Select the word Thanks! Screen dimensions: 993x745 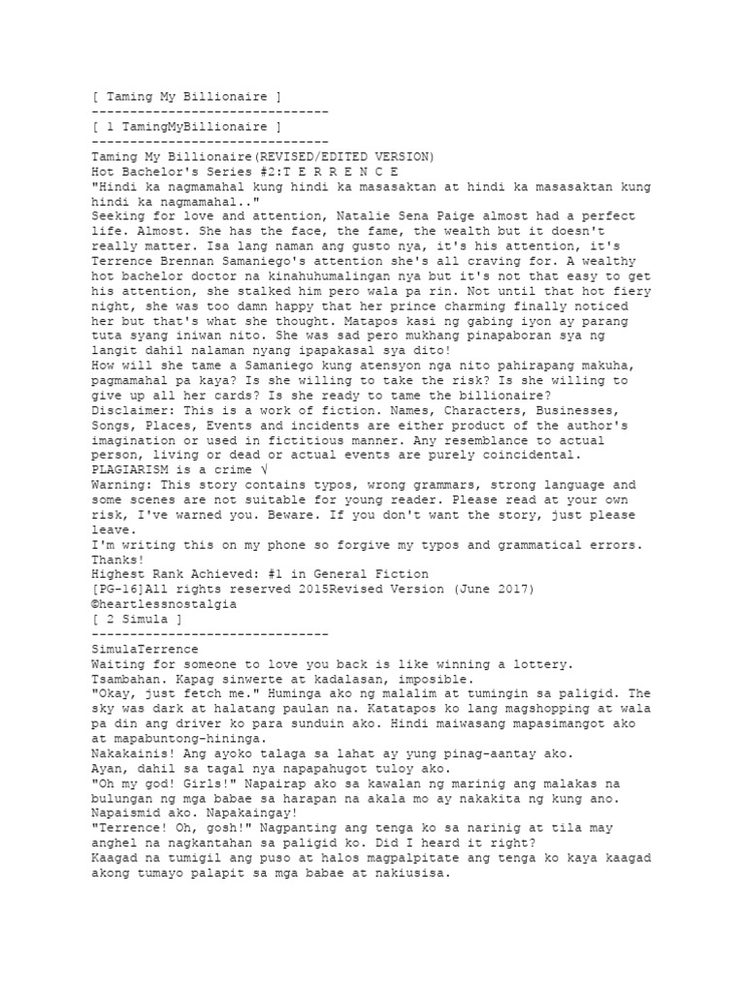pos(115,559)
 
